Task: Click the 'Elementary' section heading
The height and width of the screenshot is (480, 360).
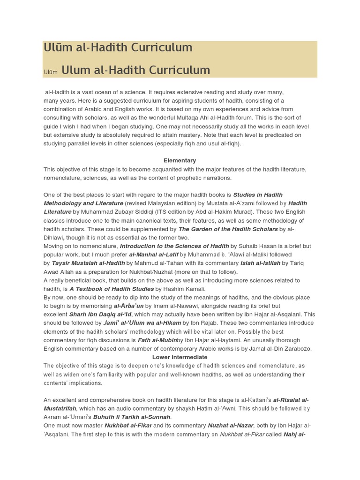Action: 180,160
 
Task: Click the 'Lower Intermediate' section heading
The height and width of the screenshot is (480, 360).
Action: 180,357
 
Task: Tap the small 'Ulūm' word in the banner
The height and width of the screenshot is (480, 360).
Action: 51,72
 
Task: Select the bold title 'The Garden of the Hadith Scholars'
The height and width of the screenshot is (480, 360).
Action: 228,229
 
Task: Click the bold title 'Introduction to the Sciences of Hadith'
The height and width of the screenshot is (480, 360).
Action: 174,246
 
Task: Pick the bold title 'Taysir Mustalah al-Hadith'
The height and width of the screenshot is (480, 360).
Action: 88,263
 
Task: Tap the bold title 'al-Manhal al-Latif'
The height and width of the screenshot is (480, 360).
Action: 154,255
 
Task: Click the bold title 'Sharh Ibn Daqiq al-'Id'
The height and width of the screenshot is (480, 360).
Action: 100,315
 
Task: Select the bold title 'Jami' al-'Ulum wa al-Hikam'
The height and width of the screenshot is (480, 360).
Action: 142,323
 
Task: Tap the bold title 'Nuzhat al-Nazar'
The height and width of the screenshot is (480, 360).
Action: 231,426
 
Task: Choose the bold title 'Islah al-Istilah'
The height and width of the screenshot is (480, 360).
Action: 260,263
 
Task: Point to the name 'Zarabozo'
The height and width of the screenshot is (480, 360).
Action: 296,349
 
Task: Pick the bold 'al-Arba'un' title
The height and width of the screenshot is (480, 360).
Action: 128,306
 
